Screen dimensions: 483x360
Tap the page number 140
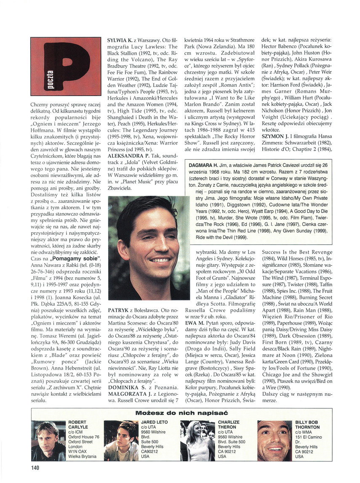coord(35,467)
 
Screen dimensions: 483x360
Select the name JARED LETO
coord(155,422)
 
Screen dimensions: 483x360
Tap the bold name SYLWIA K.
coord(120,40)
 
